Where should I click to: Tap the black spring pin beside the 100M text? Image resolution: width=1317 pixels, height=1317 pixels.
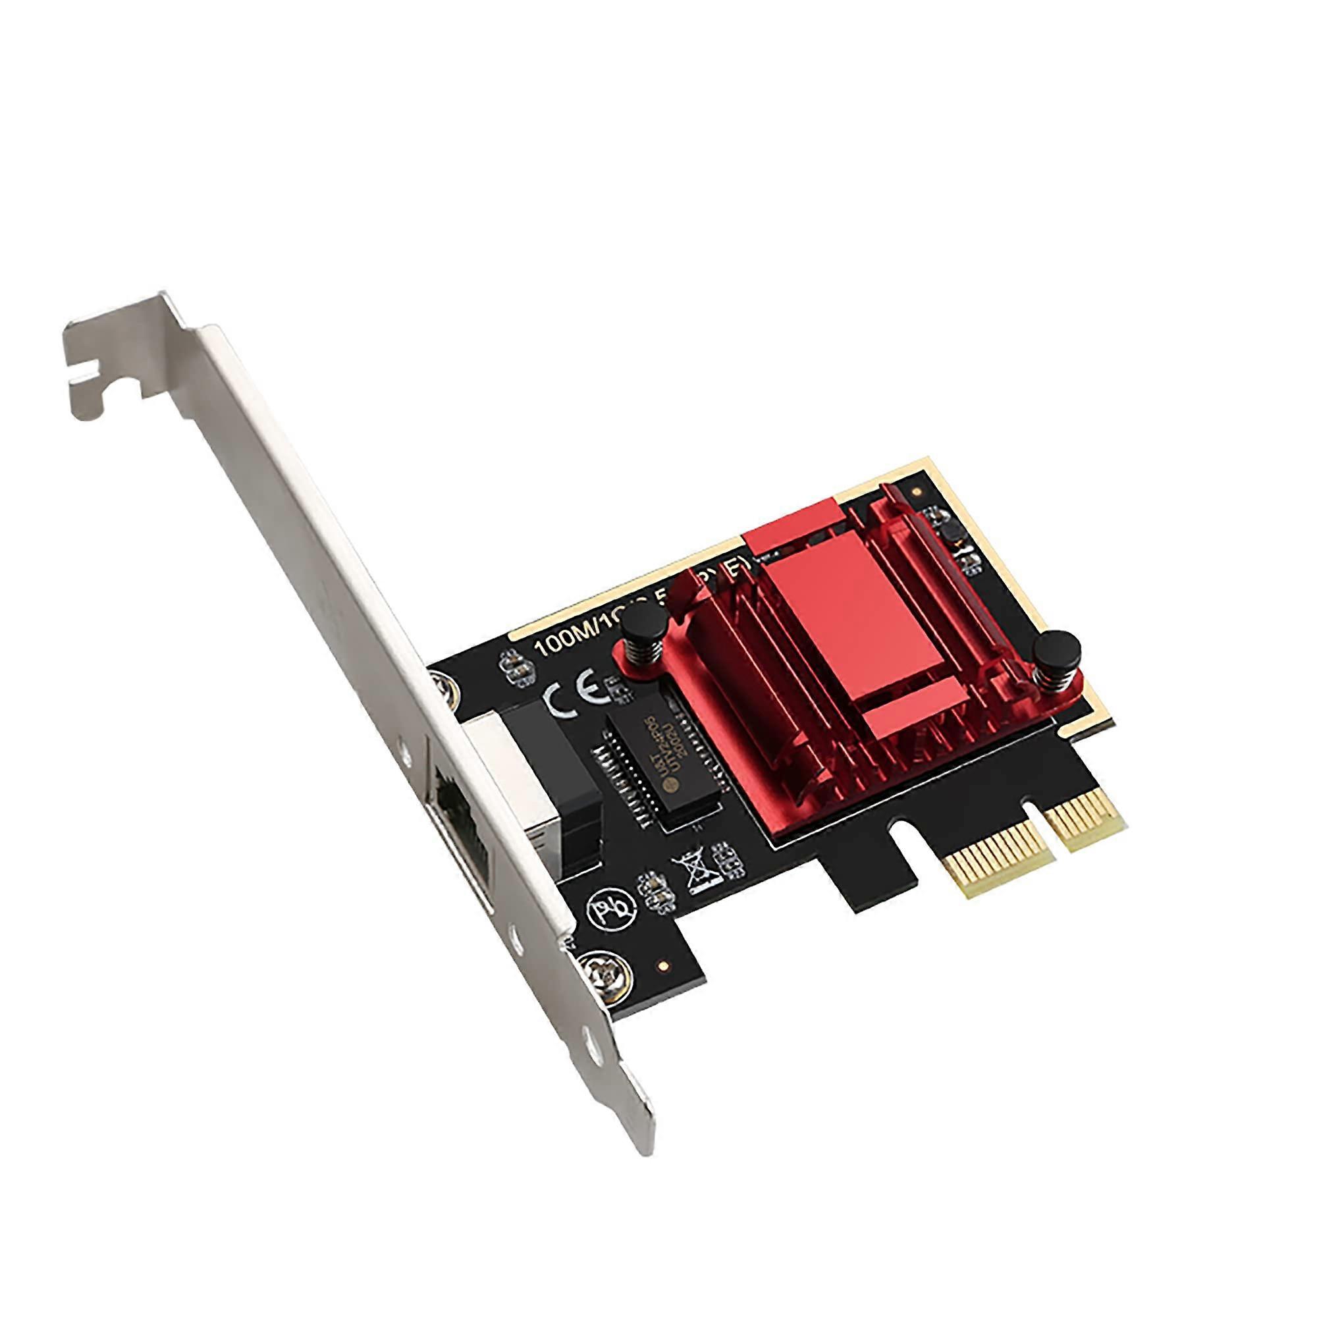pos(644,635)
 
